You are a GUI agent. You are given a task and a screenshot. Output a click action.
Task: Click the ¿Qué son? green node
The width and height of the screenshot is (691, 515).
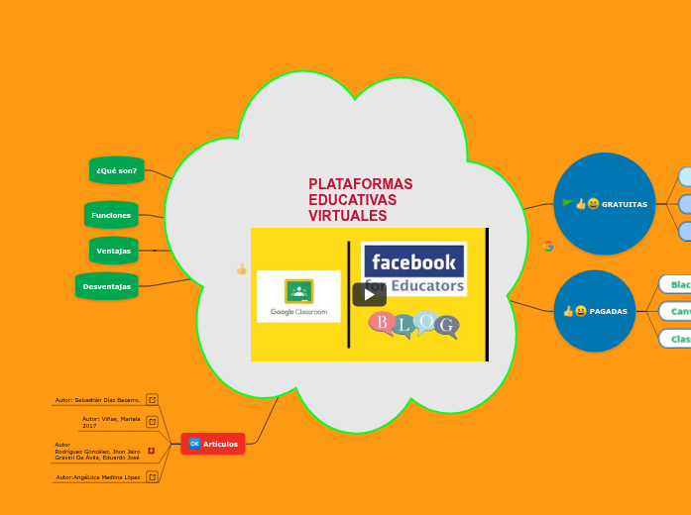point(117,170)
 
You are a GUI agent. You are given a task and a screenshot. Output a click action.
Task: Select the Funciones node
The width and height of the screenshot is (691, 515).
point(111,215)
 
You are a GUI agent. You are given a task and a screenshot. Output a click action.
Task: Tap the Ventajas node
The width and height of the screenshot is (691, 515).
point(113,251)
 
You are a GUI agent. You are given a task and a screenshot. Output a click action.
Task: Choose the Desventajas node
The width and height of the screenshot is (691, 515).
point(106,286)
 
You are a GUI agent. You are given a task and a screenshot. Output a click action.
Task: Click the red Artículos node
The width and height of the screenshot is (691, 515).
point(213,444)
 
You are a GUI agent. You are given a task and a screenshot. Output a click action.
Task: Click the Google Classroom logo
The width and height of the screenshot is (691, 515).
point(298,296)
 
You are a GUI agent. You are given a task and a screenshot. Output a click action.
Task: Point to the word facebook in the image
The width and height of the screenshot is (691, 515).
point(413,263)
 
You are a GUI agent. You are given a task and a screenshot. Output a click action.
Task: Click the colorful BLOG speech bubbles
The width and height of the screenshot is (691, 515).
point(413,324)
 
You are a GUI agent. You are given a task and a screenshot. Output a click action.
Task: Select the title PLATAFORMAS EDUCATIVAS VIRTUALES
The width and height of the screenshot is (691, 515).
point(360,200)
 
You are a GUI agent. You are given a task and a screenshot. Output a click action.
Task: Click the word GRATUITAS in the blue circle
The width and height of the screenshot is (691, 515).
point(624,204)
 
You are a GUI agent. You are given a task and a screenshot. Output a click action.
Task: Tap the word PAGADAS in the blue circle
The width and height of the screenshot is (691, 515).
point(608,311)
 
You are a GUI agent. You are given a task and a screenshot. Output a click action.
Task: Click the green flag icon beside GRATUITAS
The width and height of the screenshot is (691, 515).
point(567,203)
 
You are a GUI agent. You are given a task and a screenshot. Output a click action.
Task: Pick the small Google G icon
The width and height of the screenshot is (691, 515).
point(548,246)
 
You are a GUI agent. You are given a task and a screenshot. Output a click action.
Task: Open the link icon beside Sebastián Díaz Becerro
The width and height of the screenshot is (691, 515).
point(152,399)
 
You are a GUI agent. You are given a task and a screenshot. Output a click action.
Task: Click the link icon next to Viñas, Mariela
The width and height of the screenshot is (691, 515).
point(152,422)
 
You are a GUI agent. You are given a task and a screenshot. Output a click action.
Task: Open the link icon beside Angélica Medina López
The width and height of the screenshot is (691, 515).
point(152,476)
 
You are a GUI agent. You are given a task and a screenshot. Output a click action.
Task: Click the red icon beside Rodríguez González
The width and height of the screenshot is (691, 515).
point(151,451)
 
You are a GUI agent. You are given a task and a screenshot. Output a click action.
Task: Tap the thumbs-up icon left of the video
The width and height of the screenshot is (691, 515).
point(241,268)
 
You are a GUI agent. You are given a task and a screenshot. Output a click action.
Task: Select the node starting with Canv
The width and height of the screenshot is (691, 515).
point(679,311)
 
